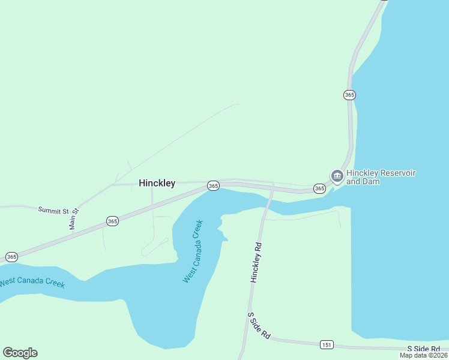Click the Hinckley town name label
(x=157, y=183)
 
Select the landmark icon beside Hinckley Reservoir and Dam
(x=337, y=176)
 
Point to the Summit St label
(x=53, y=210)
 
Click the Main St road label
(x=74, y=219)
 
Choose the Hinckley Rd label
(x=257, y=263)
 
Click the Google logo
(x=20, y=353)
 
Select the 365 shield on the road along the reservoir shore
(x=350, y=95)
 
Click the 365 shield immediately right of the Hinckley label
(x=213, y=186)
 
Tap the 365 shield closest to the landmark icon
(x=319, y=188)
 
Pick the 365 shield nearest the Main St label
(x=112, y=221)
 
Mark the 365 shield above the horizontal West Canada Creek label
(x=11, y=257)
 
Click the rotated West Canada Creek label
(x=193, y=251)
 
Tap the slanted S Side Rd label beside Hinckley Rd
(x=259, y=326)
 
